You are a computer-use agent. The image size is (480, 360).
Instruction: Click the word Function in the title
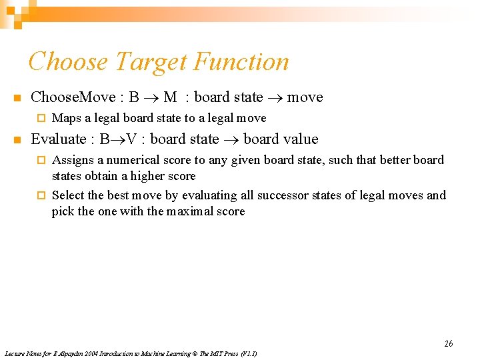tap(241, 62)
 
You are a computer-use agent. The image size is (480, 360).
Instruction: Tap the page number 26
tap(449, 343)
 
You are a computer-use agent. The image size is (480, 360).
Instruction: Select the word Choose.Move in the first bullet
tap(73, 97)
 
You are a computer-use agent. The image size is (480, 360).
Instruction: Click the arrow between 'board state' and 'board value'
tap(231, 140)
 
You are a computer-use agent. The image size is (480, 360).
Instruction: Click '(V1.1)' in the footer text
tap(247, 353)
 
